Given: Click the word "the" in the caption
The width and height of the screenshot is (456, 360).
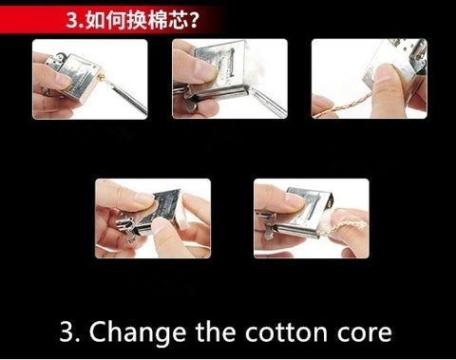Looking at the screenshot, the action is click(216, 332).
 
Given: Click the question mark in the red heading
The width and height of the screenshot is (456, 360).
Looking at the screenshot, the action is click(193, 20).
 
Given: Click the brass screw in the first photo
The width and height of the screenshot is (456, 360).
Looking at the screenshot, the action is click(103, 77).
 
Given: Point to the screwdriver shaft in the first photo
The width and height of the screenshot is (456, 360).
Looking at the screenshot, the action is click(126, 96).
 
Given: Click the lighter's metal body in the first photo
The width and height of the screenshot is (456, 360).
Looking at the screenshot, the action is click(79, 76).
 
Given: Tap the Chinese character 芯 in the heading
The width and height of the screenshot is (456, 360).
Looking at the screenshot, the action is click(177, 20).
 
